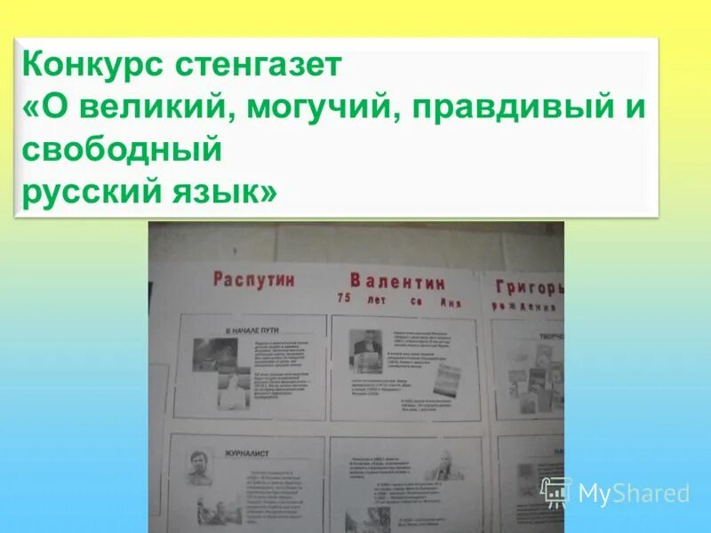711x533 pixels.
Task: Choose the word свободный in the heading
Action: click(x=121, y=148)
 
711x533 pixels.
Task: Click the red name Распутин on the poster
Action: click(x=253, y=279)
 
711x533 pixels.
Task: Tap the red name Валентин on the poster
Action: click(x=397, y=282)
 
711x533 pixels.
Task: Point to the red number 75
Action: click(x=344, y=299)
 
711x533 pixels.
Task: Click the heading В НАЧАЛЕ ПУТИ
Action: click(x=252, y=330)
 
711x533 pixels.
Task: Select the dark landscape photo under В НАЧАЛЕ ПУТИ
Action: click(x=215, y=354)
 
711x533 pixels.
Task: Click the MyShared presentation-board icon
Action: click(x=556, y=491)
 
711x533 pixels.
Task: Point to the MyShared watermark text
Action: click(x=634, y=493)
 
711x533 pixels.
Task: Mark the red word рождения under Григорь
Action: click(x=524, y=307)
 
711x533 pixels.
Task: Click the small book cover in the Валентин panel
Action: click(x=447, y=380)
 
